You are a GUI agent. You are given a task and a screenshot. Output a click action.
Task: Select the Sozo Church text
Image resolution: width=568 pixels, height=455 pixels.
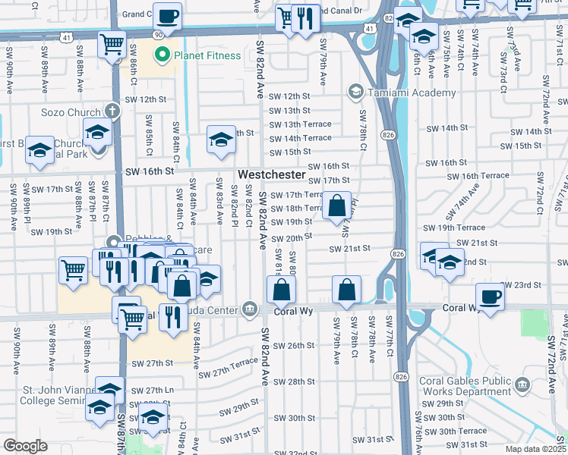pyautogui.click(x=71, y=112)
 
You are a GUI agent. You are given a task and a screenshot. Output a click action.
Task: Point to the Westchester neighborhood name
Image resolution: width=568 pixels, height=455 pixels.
pyautogui.click(x=271, y=175)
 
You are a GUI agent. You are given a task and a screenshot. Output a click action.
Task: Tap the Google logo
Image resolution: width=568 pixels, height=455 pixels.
pyautogui.click(x=25, y=446)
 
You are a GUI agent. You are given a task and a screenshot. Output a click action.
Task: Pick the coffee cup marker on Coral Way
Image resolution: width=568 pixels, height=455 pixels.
pyautogui.click(x=490, y=297)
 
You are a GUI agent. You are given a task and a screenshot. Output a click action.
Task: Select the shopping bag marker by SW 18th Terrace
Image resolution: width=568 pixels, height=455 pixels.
pyautogui.click(x=336, y=205)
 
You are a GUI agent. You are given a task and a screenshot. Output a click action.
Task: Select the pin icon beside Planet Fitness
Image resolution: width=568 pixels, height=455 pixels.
pyautogui.click(x=161, y=55)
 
